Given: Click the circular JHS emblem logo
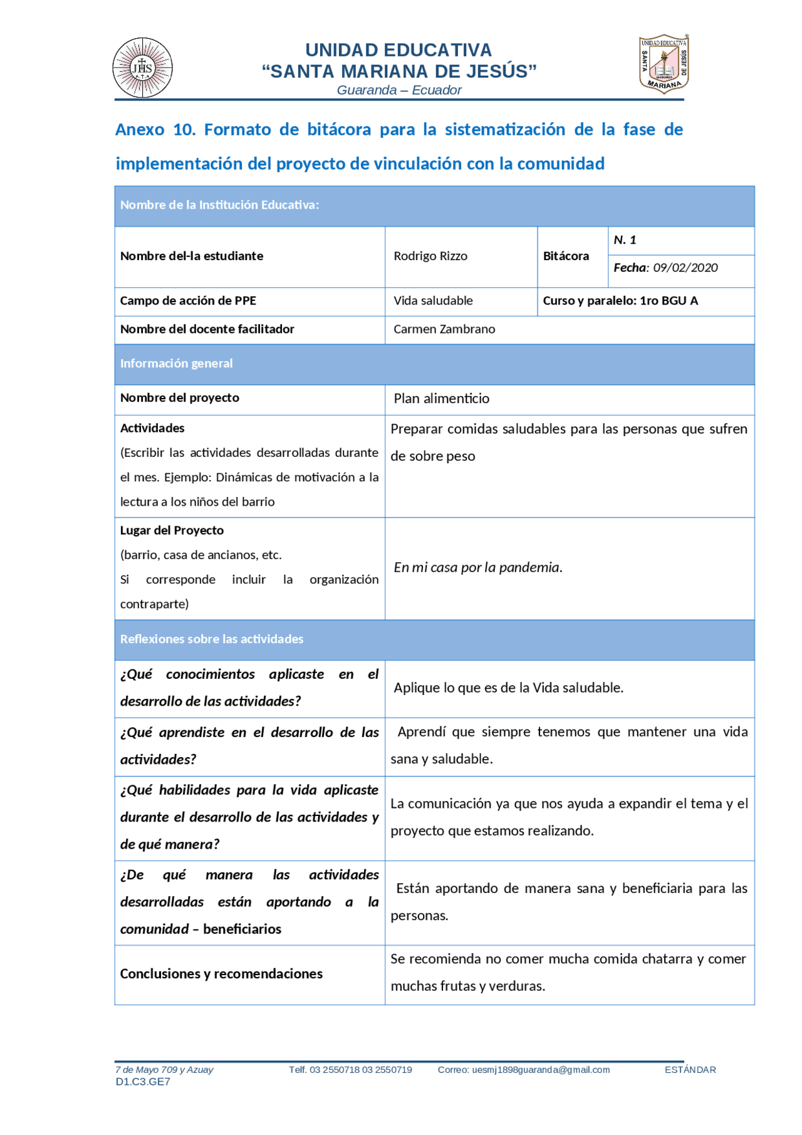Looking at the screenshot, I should [x=142, y=68].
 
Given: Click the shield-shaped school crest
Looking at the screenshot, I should [x=664, y=64].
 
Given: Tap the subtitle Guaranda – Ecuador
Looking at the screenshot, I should [x=399, y=90].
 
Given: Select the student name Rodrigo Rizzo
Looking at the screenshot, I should [x=430, y=256].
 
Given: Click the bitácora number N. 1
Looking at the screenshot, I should [x=625, y=240].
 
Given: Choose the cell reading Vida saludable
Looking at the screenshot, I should [x=433, y=301].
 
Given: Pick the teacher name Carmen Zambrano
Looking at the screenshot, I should [x=444, y=329].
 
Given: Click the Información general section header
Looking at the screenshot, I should [x=176, y=364].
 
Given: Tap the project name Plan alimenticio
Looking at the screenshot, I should [x=441, y=399].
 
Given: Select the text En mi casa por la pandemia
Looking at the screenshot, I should [x=477, y=567].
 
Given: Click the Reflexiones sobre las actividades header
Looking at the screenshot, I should [x=212, y=639].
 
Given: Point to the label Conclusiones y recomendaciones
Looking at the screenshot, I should [x=221, y=973].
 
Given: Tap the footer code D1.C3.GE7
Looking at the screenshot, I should [x=143, y=1082].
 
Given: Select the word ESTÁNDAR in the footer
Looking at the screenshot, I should [x=690, y=1070].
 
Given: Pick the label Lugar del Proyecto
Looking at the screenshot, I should [x=172, y=530].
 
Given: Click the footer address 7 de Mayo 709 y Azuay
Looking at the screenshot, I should [x=164, y=1070].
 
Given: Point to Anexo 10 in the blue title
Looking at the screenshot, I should [x=155, y=130].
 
